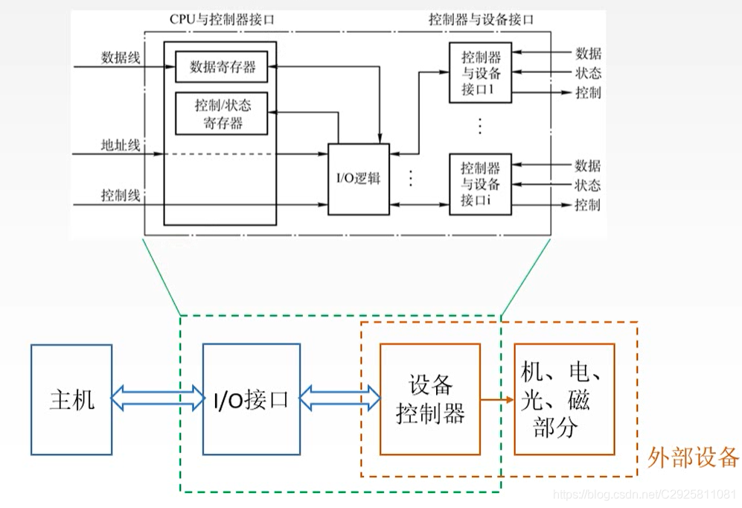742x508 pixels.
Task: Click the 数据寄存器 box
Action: pos(223,67)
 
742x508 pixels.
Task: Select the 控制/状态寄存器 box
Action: pos(221,114)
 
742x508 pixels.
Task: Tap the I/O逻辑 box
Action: pos(359,179)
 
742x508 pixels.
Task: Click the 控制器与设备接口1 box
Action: pos(481,73)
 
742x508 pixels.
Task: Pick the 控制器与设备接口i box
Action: pos(481,184)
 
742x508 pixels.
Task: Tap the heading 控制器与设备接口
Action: pos(481,19)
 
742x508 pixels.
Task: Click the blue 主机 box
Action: pos(71,400)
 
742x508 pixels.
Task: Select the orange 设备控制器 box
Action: pos(429,399)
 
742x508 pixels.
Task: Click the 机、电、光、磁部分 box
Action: pos(564,399)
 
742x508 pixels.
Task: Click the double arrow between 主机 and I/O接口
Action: pos(157,400)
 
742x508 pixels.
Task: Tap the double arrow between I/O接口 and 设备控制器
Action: pos(339,400)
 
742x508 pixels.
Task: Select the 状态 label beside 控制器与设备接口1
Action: pos(588,73)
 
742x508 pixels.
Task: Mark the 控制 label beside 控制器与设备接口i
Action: pos(587,205)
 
